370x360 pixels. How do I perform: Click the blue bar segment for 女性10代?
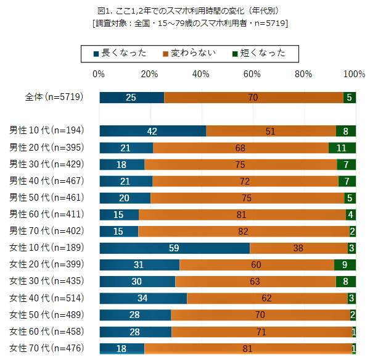click(175, 248)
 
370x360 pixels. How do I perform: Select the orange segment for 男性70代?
click(244, 232)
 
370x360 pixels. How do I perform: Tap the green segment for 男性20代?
click(342, 148)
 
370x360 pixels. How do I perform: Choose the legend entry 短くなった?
click(259, 53)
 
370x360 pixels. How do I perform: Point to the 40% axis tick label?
click(201, 74)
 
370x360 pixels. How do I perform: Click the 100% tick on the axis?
click(354, 74)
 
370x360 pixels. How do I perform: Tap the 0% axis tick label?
click(98, 74)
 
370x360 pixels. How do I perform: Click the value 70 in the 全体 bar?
click(253, 98)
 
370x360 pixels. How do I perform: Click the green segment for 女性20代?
click(345, 265)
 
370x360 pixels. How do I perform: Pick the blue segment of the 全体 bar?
click(131, 98)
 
